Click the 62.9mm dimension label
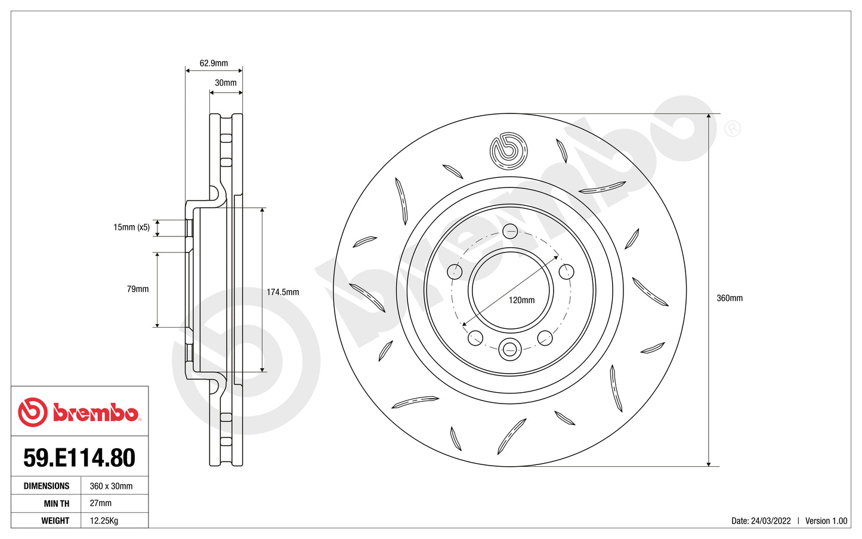point(214,63)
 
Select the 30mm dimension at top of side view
point(225,83)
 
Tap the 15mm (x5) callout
point(131,227)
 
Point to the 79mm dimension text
point(138,289)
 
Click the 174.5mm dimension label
point(283,292)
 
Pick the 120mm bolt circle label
point(521,300)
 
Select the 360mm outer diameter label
point(729,298)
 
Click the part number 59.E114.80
point(79,458)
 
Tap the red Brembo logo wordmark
point(95,413)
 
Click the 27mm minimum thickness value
point(101,503)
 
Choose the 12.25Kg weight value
point(104,520)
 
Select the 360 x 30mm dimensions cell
point(111,486)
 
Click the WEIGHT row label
point(55,520)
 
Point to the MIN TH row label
point(57,503)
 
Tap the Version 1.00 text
point(826,520)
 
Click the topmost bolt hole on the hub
point(510,231)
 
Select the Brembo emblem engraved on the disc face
point(509,150)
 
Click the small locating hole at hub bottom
point(510,349)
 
